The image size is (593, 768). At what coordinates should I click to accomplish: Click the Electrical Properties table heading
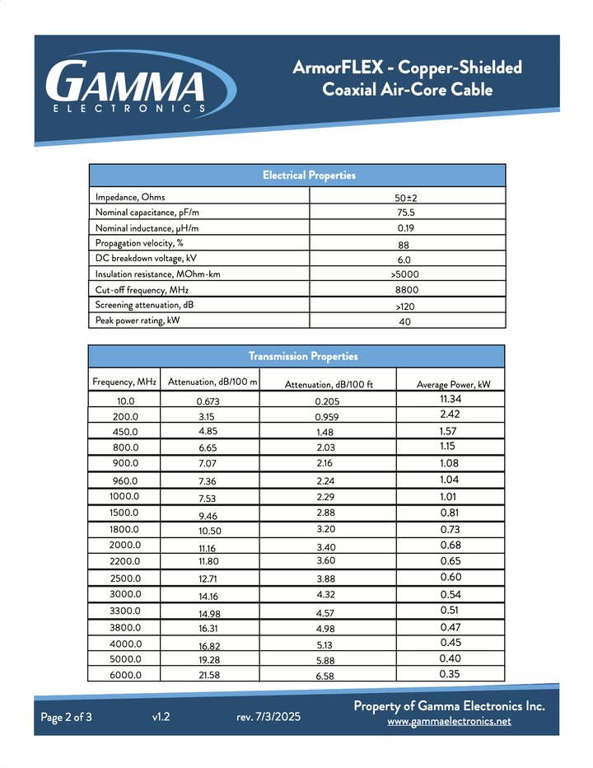pyautogui.click(x=309, y=176)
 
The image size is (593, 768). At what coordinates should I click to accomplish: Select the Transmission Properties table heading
pyautogui.click(x=303, y=356)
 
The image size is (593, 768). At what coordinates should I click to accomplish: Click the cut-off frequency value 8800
pyautogui.click(x=407, y=291)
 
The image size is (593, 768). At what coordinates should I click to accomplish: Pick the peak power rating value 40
pyautogui.click(x=404, y=322)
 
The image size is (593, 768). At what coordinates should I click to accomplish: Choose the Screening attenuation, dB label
pyautogui.click(x=138, y=305)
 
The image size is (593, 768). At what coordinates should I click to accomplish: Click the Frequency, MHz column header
pyautogui.click(x=124, y=382)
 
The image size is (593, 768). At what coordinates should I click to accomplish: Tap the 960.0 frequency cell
pyautogui.click(x=125, y=480)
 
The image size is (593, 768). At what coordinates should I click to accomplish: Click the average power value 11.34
pyautogui.click(x=451, y=400)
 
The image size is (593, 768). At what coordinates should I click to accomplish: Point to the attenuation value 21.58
pyautogui.click(x=210, y=676)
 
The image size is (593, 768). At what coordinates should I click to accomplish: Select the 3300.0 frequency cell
pyautogui.click(x=125, y=611)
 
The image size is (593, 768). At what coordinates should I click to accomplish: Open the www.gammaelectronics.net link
pyautogui.click(x=449, y=721)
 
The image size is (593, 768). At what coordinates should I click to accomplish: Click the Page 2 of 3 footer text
pyautogui.click(x=67, y=717)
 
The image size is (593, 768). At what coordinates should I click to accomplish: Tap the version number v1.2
pyautogui.click(x=161, y=717)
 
